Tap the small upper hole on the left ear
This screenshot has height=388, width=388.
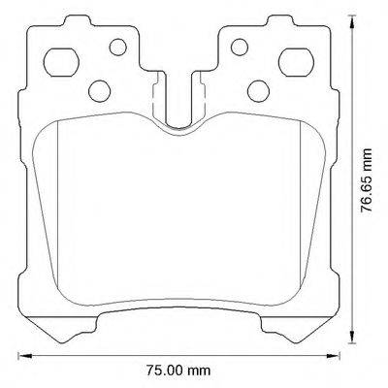tap(117, 46)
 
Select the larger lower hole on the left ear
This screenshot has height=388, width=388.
tap(98, 90)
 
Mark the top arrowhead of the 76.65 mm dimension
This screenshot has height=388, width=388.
tap(351, 26)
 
